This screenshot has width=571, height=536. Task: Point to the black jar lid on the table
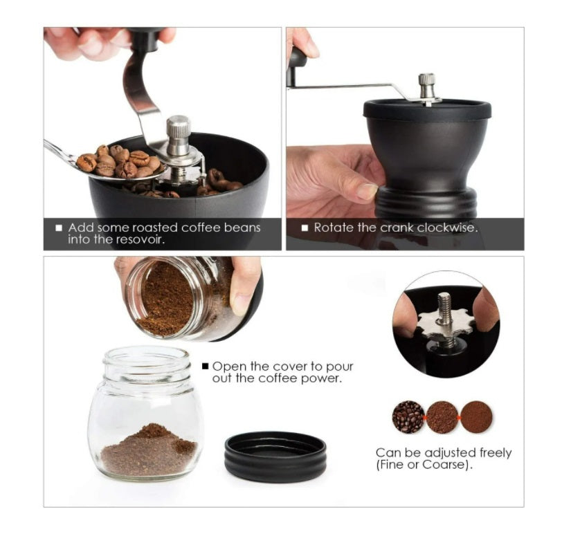(x=275, y=456)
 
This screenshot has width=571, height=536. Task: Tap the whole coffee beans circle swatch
(x=408, y=417)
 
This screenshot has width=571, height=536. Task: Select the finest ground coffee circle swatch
(x=477, y=417)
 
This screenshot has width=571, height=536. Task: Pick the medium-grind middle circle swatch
(x=442, y=417)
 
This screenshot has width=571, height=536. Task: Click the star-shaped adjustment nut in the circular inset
(x=445, y=324)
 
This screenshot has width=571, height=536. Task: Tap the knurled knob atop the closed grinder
(x=427, y=84)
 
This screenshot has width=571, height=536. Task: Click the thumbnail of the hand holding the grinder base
(x=367, y=192)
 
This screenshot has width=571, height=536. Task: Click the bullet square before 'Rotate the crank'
(x=305, y=228)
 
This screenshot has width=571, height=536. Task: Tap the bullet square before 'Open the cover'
(x=206, y=366)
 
